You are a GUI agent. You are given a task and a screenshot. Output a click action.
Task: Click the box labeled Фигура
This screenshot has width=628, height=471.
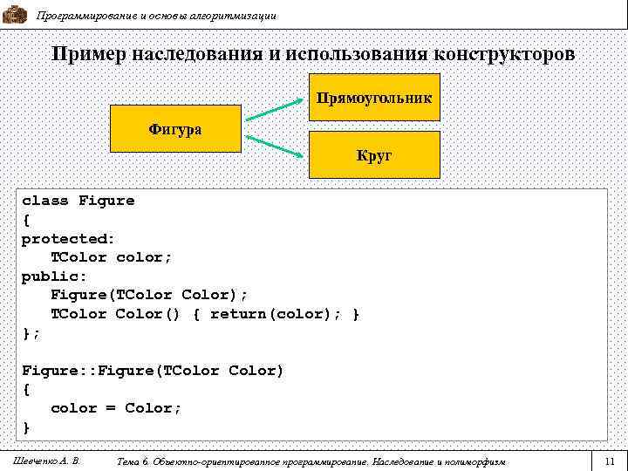click(x=175, y=129)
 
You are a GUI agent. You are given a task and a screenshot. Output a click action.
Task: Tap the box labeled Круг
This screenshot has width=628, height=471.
click(x=374, y=156)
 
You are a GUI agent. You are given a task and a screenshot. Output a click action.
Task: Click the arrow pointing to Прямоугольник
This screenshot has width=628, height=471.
click(x=275, y=111)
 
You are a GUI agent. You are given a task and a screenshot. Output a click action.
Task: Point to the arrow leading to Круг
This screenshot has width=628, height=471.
click(x=275, y=147)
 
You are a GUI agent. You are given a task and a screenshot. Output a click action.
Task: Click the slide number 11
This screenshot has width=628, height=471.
click(x=609, y=460)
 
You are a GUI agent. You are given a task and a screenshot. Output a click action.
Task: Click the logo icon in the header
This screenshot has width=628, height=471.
click(x=15, y=13)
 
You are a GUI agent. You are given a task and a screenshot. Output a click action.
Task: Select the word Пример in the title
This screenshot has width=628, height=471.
click(x=87, y=54)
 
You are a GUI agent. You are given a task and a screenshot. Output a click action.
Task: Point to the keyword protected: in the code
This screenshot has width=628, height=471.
click(x=68, y=238)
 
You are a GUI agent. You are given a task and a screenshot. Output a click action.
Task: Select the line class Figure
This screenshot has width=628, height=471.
click(x=78, y=201)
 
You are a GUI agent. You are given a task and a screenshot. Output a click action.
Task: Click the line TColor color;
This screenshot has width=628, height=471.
click(x=111, y=257)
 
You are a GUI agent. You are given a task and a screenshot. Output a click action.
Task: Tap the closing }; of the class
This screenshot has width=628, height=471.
click(x=31, y=332)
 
